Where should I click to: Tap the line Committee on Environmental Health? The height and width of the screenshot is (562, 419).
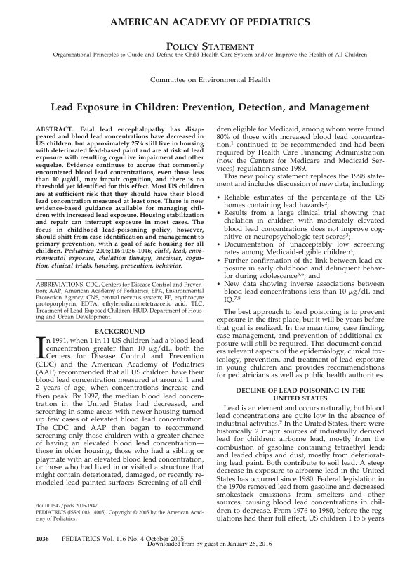[209, 81]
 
